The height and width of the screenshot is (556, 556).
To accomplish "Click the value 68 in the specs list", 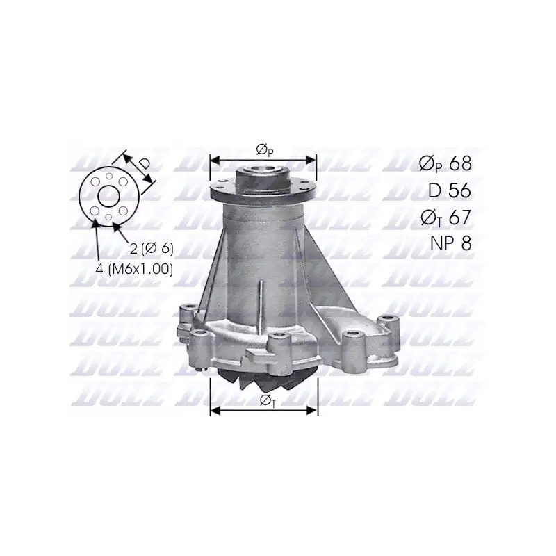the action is [x=460, y=163].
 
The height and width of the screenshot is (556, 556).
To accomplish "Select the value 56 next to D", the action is [x=460, y=190].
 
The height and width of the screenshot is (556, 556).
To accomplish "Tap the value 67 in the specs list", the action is [x=460, y=217].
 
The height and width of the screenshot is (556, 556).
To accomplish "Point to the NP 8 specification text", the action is [x=450, y=243].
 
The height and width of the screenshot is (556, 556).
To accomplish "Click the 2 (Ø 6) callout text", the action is [x=152, y=249].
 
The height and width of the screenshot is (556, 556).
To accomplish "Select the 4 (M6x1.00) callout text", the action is [x=134, y=270].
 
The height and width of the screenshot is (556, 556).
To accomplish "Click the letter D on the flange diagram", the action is [x=145, y=163].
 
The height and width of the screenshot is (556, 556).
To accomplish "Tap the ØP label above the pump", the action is [x=264, y=150].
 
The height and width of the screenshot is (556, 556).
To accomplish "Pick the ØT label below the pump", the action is [x=267, y=400].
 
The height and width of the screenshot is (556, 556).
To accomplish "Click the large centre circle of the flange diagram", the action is [x=109, y=196].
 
